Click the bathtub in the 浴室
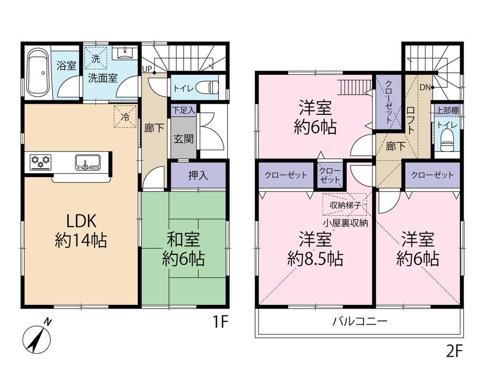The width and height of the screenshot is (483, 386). pos(38,73)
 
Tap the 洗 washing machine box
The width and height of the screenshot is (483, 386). pos(96,58)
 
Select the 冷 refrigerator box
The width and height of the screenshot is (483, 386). pos(125,116)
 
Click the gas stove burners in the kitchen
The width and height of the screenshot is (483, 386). pos(41,161)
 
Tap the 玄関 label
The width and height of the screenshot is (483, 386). pos(184,139)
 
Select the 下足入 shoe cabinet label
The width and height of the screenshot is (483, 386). pos(184,110)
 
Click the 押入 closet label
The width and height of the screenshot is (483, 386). pos(198,176)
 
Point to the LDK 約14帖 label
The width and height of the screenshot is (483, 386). pos(81,231)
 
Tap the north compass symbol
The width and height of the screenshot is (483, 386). pos(37,337)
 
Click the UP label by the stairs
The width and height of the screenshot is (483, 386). pos(147,69)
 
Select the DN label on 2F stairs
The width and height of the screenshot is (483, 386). pos(425,87)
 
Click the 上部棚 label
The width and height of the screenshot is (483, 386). pos(447,110)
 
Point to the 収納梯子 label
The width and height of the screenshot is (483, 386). pos(345,205)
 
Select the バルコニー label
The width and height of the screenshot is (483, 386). pos(359,322)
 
